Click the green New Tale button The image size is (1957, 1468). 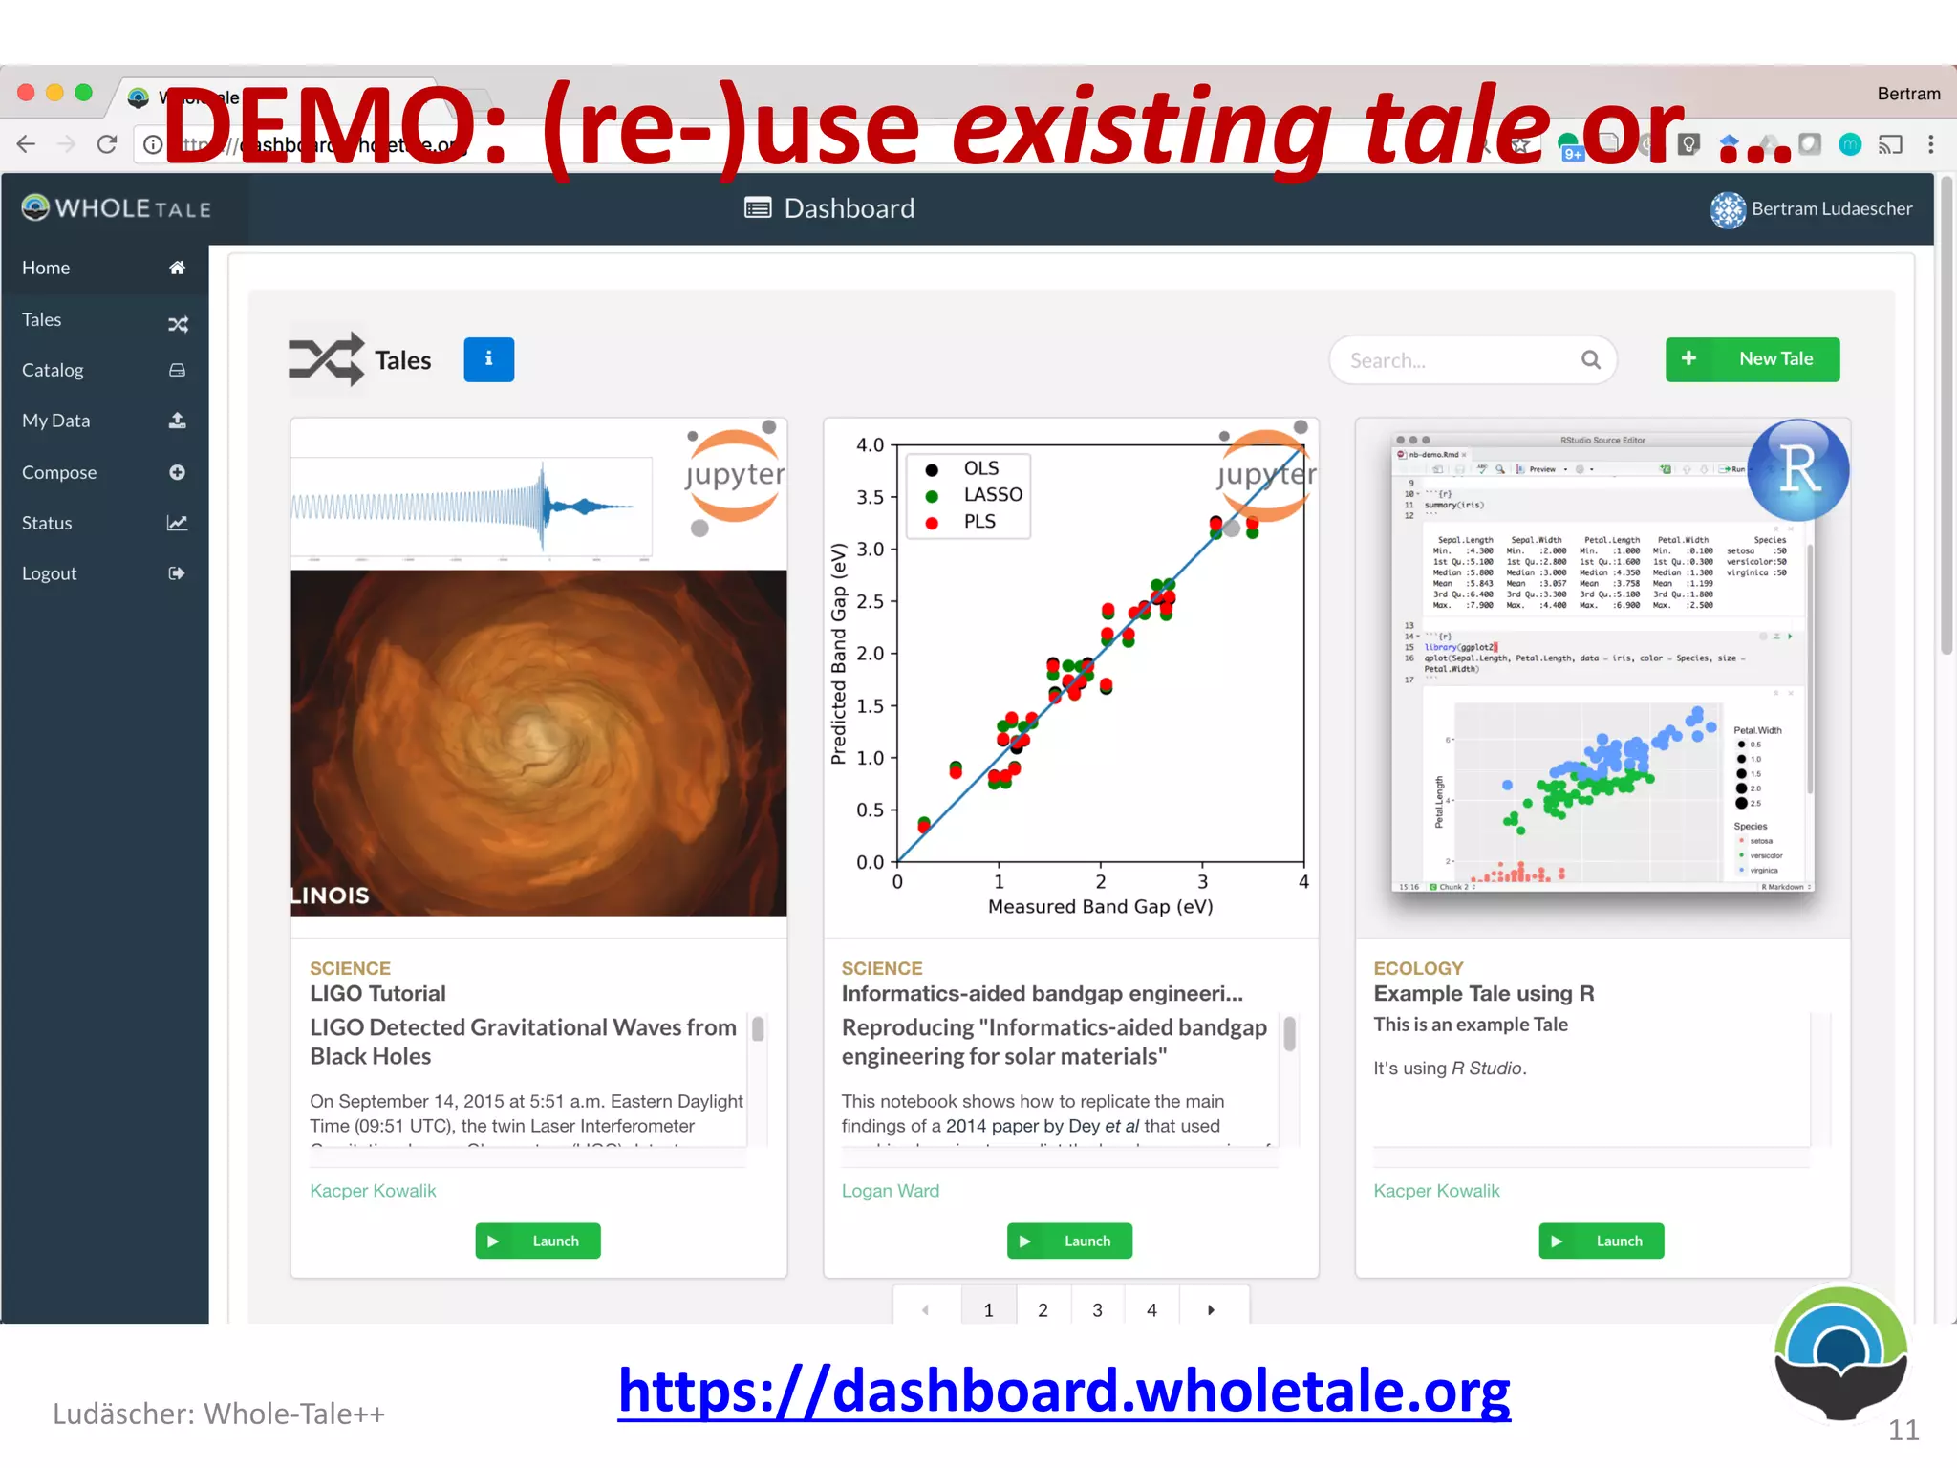[x=1752, y=359]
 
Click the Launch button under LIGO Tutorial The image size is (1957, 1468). [x=538, y=1241]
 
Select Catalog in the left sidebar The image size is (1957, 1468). [x=53, y=370]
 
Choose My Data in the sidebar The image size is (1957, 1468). [x=56, y=421]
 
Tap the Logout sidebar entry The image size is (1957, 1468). [x=50, y=573]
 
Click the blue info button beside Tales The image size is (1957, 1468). [x=488, y=359]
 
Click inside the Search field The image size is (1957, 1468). [x=1457, y=360]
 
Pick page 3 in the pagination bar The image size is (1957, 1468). [x=1097, y=1309]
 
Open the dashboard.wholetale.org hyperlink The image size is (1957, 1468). [x=1064, y=1391]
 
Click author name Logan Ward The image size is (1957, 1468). [x=890, y=1191]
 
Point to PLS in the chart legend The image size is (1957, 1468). [x=979, y=522]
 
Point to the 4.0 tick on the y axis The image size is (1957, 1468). [x=870, y=445]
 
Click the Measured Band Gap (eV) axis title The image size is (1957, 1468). [x=1100, y=907]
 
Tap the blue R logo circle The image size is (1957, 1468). [x=1797, y=469]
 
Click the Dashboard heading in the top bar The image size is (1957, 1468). [x=848, y=208]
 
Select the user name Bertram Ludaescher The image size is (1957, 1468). [x=1831, y=208]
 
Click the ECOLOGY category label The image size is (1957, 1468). [x=1418, y=968]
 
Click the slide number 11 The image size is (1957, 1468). [x=1903, y=1430]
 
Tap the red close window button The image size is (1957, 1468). [x=27, y=93]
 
